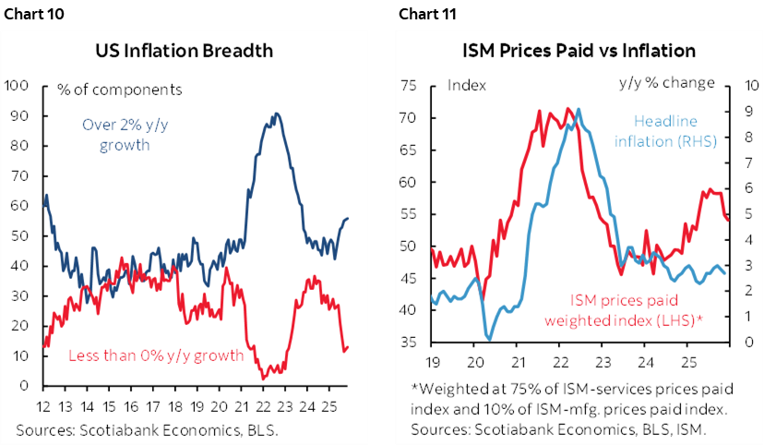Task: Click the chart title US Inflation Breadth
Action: click(191, 51)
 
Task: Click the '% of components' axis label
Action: click(119, 90)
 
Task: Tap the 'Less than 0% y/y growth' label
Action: click(155, 355)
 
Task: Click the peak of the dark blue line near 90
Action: click(276, 114)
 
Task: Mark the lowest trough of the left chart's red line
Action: click(265, 378)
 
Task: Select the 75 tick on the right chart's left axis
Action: click(410, 86)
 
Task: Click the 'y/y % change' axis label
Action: click(666, 83)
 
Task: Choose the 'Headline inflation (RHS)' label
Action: click(664, 130)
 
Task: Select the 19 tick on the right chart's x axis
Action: click(432, 360)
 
